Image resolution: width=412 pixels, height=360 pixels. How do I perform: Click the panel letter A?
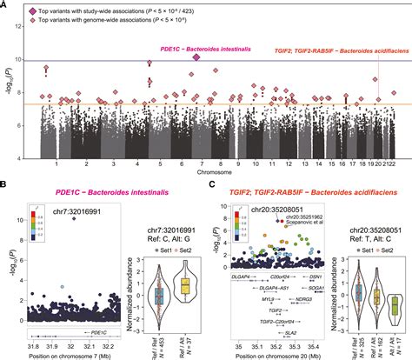5,6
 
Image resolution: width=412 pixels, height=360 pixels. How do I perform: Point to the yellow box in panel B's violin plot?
184,286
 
